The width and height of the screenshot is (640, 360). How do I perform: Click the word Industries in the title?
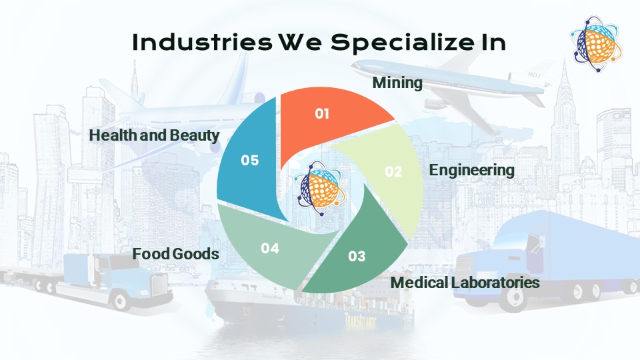pos(202,42)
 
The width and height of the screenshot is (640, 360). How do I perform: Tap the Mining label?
pos(397,83)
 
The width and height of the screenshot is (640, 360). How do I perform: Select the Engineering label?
pos(471,170)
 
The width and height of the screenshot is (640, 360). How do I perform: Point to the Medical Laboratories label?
pos(465,283)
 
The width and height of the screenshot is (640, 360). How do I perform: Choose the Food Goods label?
pos(175,254)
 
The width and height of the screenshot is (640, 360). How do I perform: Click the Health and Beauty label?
pos(154,135)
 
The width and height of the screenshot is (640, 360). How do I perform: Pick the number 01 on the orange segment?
pos(322,113)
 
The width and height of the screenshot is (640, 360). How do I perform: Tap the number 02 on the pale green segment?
pos(393,171)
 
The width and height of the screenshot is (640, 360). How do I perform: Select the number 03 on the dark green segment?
pos(357,256)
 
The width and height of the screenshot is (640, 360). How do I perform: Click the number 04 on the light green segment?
pos(270,248)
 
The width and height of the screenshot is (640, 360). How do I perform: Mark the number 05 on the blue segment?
pos(250,161)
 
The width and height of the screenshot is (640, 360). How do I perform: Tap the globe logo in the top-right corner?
pos(596,44)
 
